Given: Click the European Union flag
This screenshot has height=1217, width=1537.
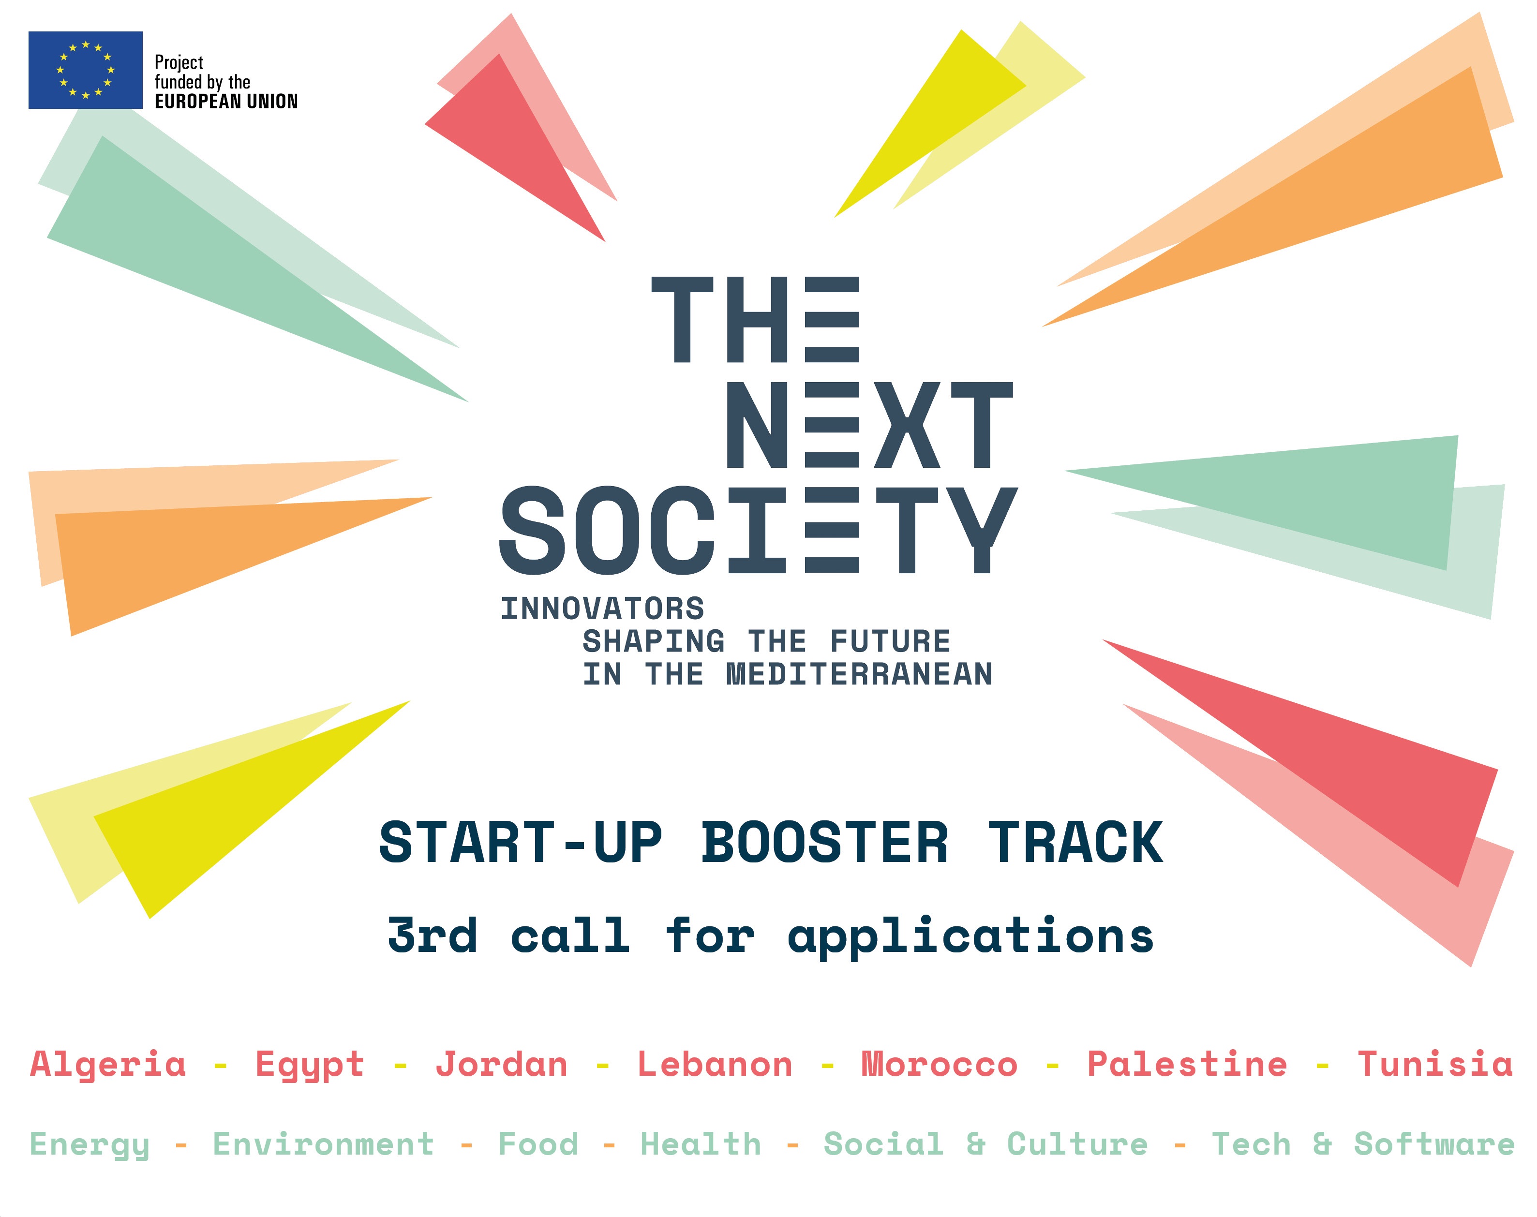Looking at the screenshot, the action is (x=86, y=70).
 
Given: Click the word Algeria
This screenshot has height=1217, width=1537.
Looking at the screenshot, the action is (x=108, y=1065).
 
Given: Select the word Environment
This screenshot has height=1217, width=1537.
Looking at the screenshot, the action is (x=324, y=1144).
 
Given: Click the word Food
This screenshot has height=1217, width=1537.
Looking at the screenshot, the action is (x=538, y=1144).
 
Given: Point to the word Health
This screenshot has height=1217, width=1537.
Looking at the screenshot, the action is (x=701, y=1144).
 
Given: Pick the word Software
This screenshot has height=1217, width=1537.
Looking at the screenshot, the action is (x=1434, y=1144).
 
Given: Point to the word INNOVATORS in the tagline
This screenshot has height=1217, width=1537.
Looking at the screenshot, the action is (x=603, y=608).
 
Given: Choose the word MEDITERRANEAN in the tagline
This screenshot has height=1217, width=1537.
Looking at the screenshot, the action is (x=859, y=674).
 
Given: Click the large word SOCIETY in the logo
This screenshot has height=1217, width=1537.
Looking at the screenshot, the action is (x=758, y=531).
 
